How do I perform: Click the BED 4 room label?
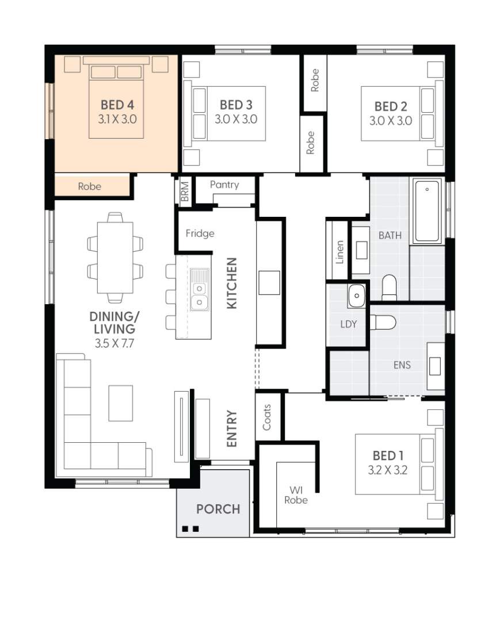point(117,105)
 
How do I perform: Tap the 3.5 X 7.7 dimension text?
point(115,343)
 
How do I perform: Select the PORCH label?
point(218,509)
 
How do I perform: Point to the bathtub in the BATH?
point(427,211)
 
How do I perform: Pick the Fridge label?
point(200,233)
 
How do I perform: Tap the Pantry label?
point(224,185)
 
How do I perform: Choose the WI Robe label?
point(296,495)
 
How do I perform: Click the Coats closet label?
point(266,417)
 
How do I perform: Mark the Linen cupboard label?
point(340,252)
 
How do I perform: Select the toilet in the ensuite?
point(383,322)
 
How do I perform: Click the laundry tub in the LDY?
point(357,295)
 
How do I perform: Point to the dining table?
point(115,258)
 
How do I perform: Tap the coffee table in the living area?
point(120,403)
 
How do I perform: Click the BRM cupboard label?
point(185,191)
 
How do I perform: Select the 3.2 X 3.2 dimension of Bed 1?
point(388,470)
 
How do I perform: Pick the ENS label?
point(402,365)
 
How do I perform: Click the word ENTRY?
point(232,428)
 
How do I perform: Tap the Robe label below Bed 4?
point(90,186)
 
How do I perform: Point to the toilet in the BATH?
point(389,288)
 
